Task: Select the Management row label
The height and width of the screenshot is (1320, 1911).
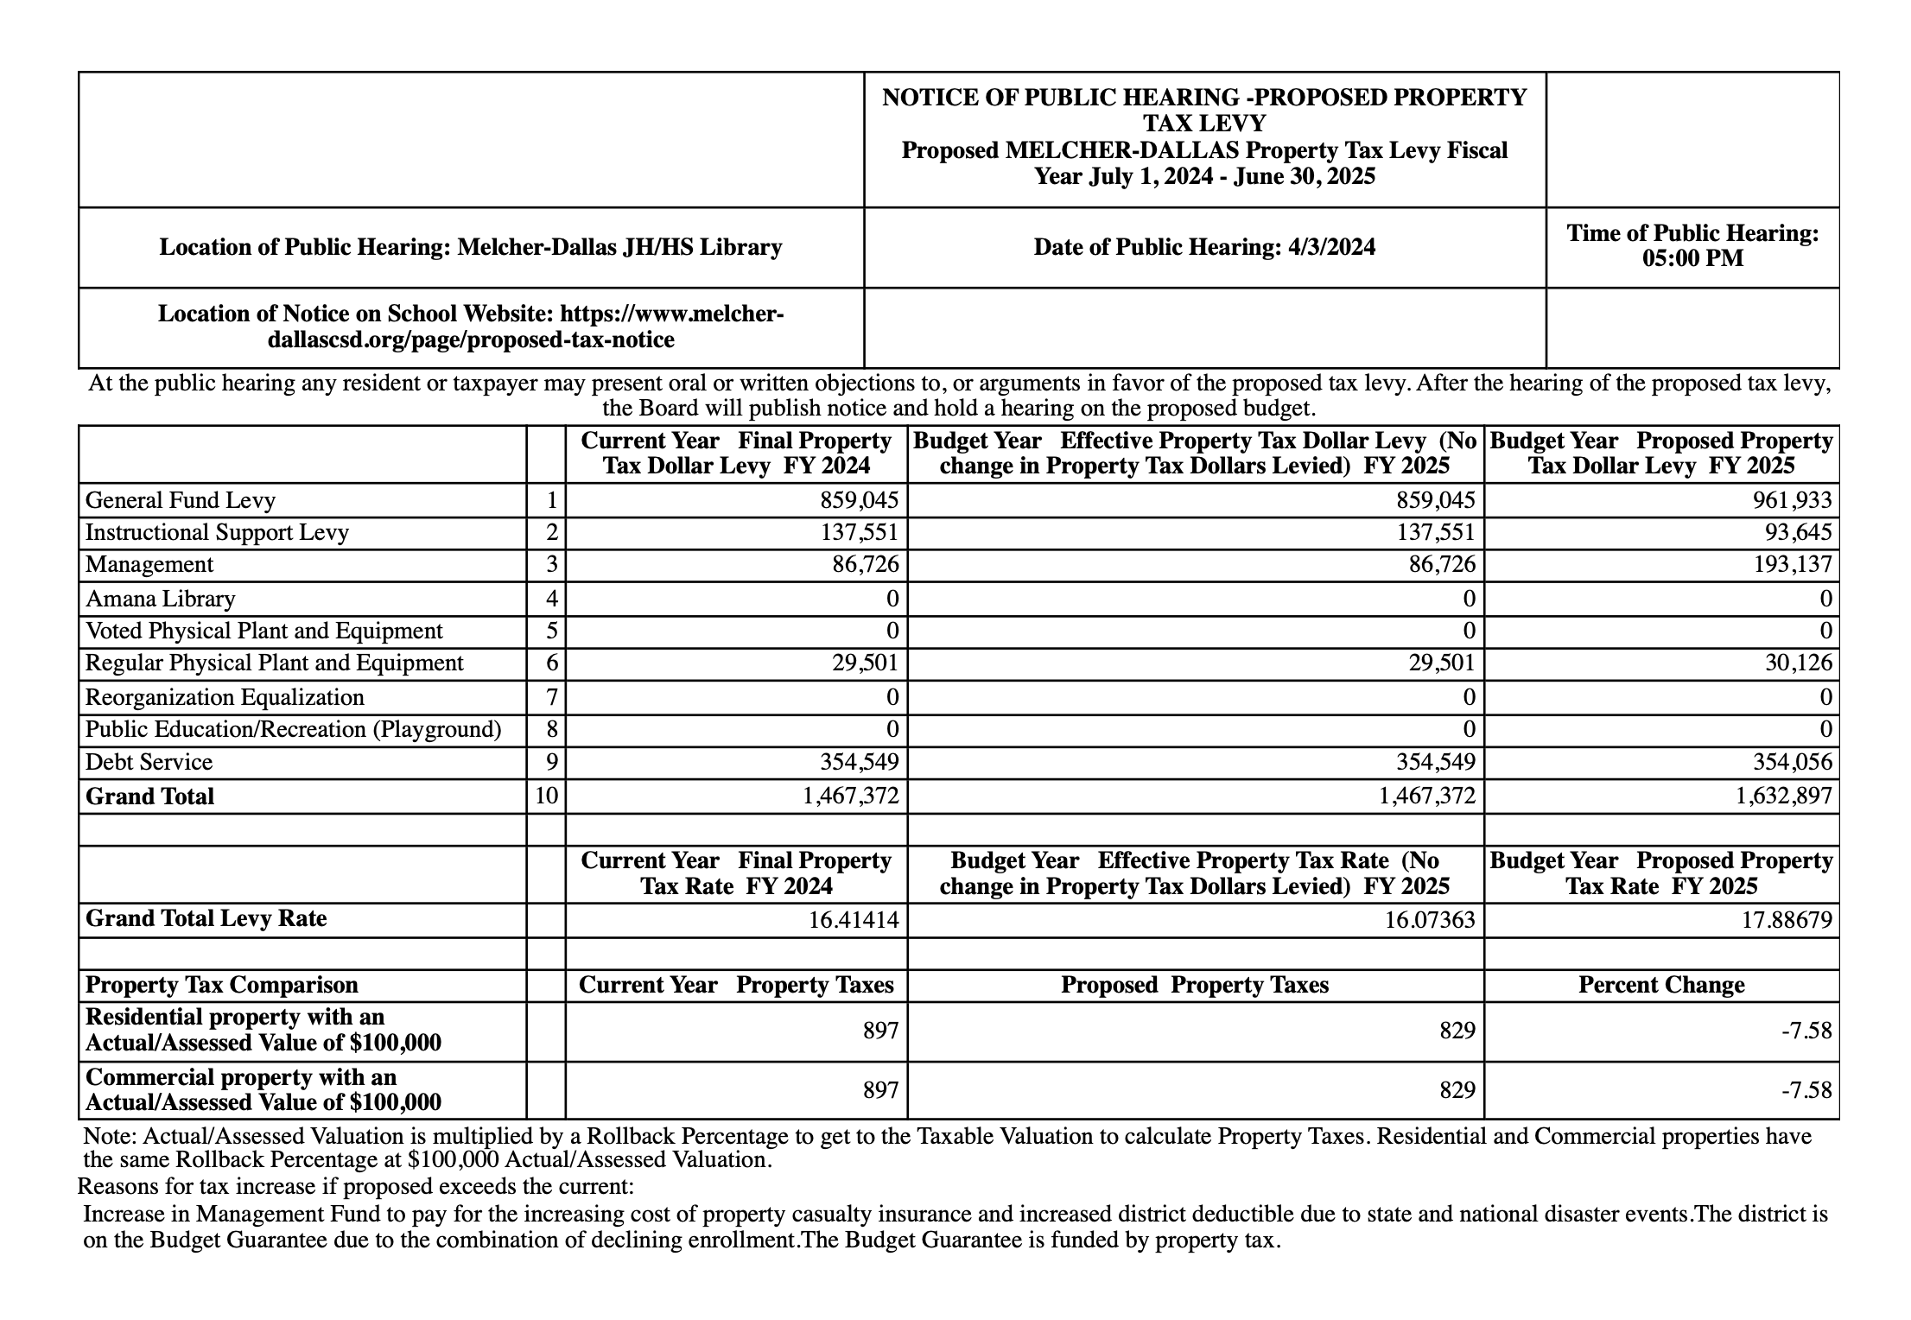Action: (149, 565)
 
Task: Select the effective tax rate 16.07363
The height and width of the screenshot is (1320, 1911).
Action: (1430, 919)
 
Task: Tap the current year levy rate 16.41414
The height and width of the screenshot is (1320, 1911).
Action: (854, 919)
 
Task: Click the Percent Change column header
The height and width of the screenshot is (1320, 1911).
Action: (1660, 985)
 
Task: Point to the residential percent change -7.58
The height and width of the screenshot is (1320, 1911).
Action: (1807, 1031)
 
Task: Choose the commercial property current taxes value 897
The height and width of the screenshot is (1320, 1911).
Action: (881, 1090)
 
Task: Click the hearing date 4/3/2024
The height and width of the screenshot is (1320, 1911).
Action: (1204, 248)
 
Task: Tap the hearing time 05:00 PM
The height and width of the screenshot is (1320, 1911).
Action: (1692, 258)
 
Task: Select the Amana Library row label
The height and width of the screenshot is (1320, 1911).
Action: (160, 599)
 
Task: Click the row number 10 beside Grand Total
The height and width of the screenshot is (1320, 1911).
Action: (546, 796)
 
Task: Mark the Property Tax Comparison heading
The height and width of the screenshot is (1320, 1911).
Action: (221, 985)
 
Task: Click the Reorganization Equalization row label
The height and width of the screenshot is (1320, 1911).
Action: (225, 697)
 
